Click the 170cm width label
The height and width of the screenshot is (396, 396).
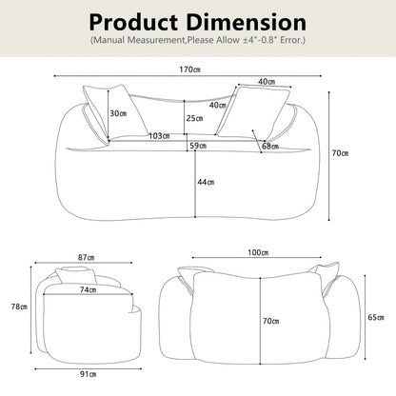coord(189,69)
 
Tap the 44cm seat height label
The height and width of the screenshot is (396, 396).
coord(206,182)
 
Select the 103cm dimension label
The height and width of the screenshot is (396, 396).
coord(159,136)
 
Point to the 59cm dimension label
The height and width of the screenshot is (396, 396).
coord(198,146)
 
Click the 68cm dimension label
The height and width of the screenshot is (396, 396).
coord(270,147)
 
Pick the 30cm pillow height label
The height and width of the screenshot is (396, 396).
coord(118,113)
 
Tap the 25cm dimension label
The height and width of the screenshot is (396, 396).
coord(194,118)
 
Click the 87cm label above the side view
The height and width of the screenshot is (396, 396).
coord(86,257)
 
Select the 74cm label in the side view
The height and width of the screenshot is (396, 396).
coord(89,289)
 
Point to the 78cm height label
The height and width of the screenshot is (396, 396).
coord(19,307)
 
